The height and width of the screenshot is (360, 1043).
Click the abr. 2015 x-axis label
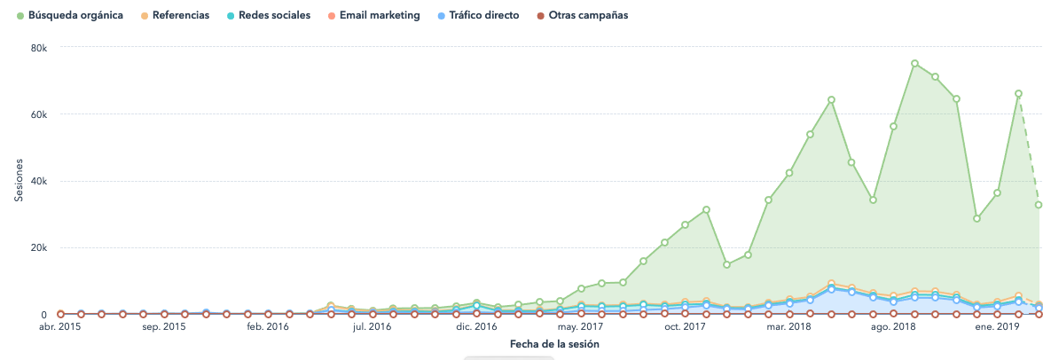[60, 327]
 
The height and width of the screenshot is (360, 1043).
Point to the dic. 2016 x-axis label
[477, 327]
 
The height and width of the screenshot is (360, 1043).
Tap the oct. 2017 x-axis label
[686, 327]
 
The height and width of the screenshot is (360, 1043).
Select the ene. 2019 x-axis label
[998, 327]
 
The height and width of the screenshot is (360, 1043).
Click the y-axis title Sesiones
[19, 181]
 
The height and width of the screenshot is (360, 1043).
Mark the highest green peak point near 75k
[914, 64]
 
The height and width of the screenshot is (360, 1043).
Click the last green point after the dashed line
[1039, 205]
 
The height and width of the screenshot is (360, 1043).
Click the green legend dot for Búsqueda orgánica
[20, 16]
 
